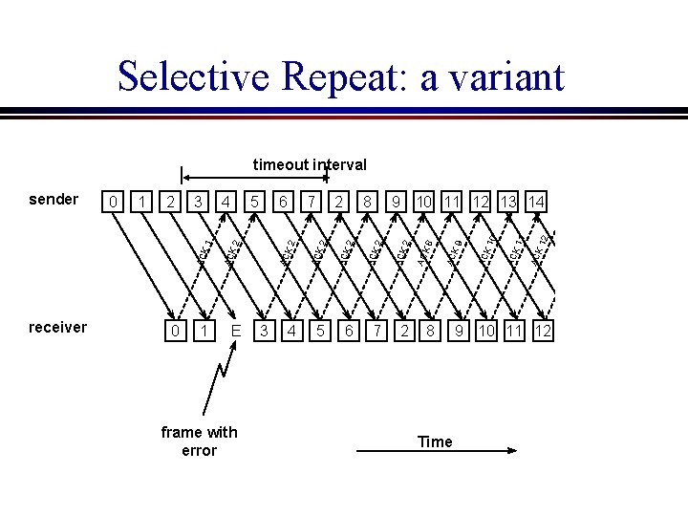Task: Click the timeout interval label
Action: pos(310,164)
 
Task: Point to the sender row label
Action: pos(54,199)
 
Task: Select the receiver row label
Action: pos(58,327)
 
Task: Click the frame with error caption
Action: pos(199,441)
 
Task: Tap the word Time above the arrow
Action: pos(434,441)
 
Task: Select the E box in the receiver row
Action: pos(234,331)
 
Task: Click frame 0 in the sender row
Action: pos(114,202)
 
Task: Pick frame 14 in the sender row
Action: pos(536,202)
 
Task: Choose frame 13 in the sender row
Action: pos(507,202)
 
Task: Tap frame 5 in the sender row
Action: pos(254,202)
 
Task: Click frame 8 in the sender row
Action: pos(367,202)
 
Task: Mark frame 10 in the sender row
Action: pos(424,202)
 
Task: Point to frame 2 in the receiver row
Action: pos(405,331)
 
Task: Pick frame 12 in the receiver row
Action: pos(544,331)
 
